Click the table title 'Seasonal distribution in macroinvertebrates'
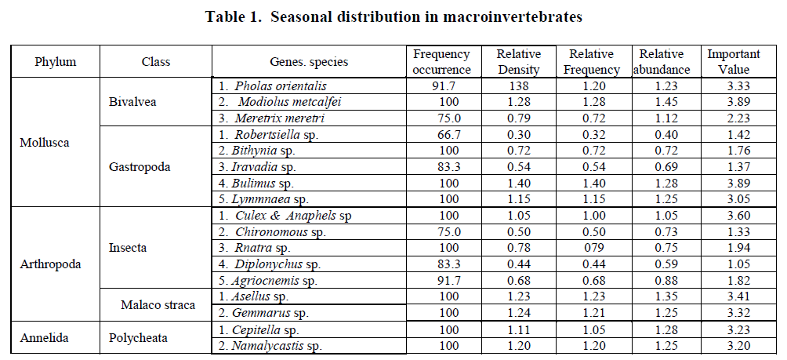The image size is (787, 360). (x=393, y=17)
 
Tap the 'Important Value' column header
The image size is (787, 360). (x=734, y=62)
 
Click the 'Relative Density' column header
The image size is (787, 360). (x=518, y=62)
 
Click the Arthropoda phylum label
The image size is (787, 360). (x=50, y=264)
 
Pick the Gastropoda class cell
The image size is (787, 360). (x=139, y=167)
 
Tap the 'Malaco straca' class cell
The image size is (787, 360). (x=158, y=304)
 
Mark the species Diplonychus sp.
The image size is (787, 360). (x=270, y=264)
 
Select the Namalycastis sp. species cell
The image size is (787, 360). (x=270, y=345)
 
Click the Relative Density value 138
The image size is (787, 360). (x=518, y=86)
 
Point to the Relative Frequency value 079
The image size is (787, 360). (x=590, y=248)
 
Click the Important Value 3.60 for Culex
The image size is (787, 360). (x=734, y=216)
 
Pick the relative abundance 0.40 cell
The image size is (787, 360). (x=661, y=134)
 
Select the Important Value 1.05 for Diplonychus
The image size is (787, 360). (x=734, y=264)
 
